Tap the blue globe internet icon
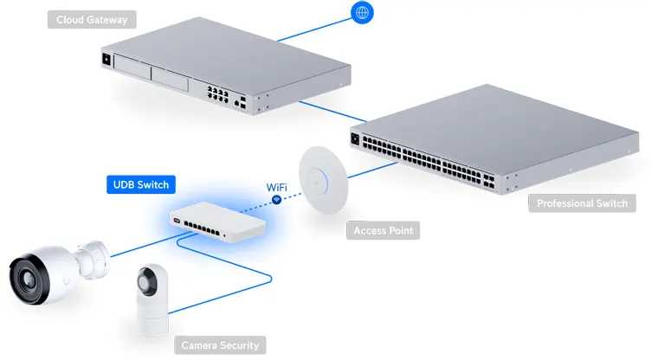[363, 12]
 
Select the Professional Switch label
[582, 204]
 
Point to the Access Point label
[383, 231]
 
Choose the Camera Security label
[219, 345]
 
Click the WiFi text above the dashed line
[277, 186]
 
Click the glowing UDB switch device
[216, 222]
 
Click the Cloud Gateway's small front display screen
[107, 60]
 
